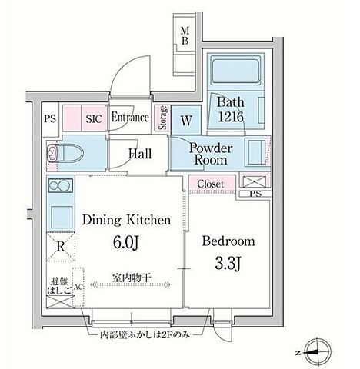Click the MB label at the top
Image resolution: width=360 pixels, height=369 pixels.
pos(185,35)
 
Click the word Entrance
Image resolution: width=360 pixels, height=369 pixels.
pos(131,118)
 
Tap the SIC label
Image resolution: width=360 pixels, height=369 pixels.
pos(93,119)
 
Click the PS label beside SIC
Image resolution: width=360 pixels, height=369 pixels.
pos(50,119)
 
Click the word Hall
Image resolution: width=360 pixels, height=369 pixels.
pos(139,154)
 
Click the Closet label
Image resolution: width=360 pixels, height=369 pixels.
pos(211,184)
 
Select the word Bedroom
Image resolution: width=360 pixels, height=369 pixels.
pos(228,241)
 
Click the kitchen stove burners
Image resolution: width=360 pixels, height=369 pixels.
pos(59,186)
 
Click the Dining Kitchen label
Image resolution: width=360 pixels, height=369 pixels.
pos(125,221)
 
